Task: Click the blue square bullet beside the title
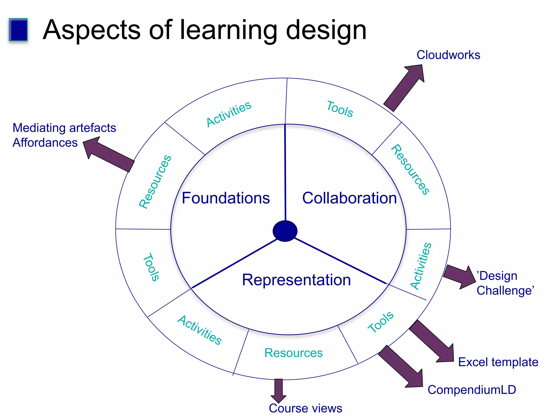pyautogui.click(x=18, y=30)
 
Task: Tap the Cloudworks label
pyautogui.click(x=448, y=55)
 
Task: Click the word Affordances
pyautogui.click(x=45, y=143)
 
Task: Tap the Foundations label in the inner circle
pyautogui.click(x=226, y=198)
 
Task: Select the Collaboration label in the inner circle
pyautogui.click(x=349, y=198)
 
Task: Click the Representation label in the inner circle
pyautogui.click(x=296, y=280)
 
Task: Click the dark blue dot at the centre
pyautogui.click(x=285, y=231)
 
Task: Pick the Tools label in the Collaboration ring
pyautogui.click(x=340, y=109)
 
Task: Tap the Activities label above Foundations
pyautogui.click(x=229, y=114)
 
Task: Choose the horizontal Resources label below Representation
pyautogui.click(x=294, y=353)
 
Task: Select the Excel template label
pyautogui.click(x=498, y=362)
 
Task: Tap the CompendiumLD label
pyautogui.click(x=472, y=390)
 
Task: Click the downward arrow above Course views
pyautogui.click(x=278, y=390)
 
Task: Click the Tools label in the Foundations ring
pyautogui.click(x=151, y=267)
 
